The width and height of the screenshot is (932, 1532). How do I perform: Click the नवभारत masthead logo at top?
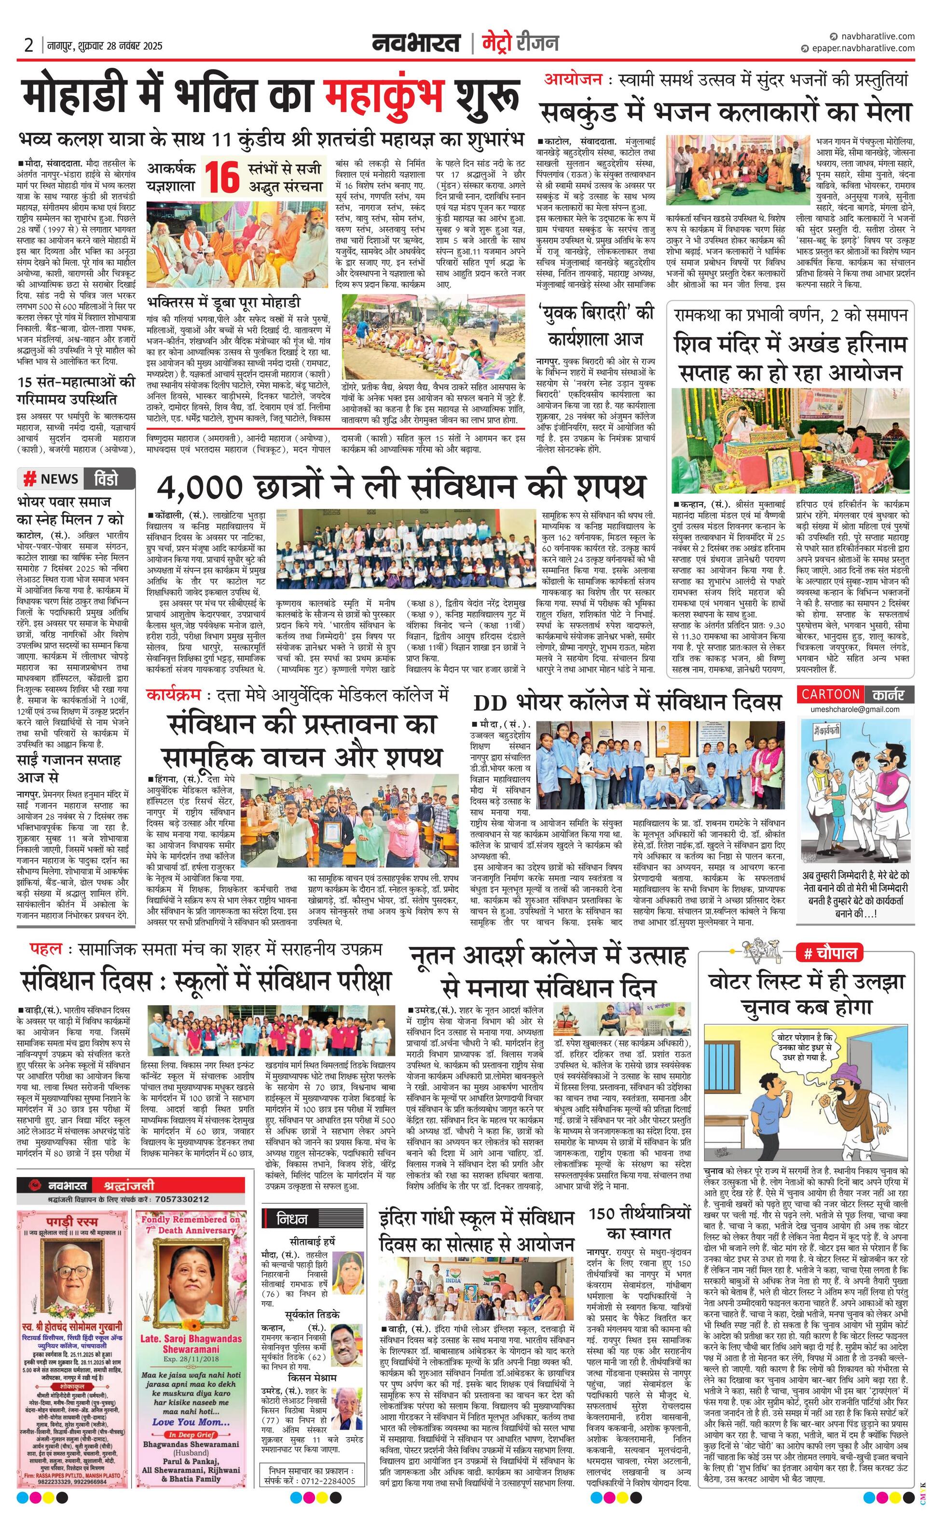point(416,43)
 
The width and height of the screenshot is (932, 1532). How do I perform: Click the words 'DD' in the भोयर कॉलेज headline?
point(491,703)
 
